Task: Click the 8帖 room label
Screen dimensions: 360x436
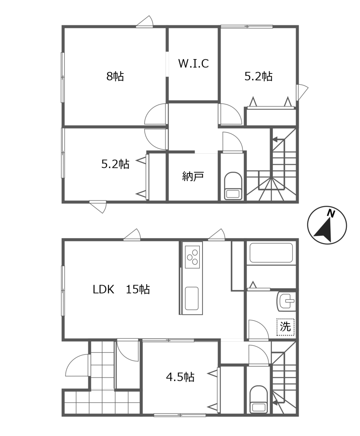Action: point(115,76)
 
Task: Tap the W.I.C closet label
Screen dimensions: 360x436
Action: point(193,63)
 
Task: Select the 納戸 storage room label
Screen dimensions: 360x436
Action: point(193,176)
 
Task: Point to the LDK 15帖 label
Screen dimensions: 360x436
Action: point(121,289)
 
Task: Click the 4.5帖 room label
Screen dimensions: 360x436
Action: point(180,377)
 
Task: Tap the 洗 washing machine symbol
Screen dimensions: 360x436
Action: point(285,327)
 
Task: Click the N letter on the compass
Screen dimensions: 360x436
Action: point(331,214)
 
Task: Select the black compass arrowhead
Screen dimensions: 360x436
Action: point(323,230)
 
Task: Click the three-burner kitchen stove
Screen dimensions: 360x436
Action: point(192,257)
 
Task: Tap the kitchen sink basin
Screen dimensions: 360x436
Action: point(192,298)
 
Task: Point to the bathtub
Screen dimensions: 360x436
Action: point(271,253)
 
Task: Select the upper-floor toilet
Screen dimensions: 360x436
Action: point(233,186)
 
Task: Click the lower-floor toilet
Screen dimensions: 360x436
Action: point(259,399)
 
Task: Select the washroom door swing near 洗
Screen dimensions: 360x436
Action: point(258,329)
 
